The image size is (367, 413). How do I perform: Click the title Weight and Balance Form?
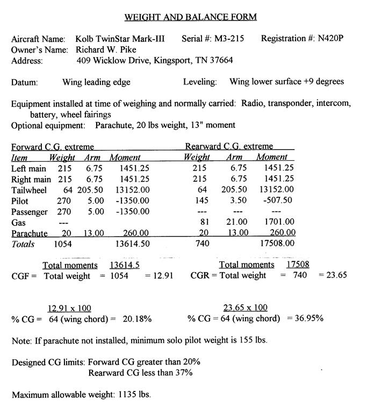(190, 17)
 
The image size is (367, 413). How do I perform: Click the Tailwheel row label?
(29, 190)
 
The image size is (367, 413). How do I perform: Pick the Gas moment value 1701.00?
(279, 222)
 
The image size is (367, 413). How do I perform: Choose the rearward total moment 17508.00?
(276, 244)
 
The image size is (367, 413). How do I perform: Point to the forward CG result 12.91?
(164, 276)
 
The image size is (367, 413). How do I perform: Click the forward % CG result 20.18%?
(138, 319)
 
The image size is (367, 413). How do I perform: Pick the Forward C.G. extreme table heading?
(53, 147)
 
